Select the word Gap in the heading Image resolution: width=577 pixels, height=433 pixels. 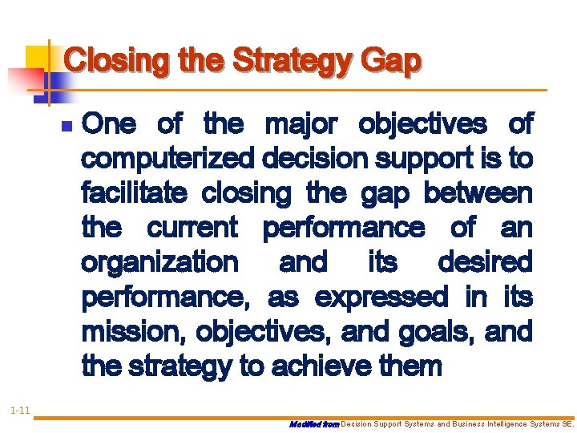[x=390, y=61]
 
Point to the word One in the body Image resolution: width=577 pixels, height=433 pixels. [x=109, y=124]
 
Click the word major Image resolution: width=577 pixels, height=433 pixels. [x=301, y=124]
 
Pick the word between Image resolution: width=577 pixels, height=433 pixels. [x=478, y=193]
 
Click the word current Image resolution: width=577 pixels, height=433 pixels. [x=192, y=228]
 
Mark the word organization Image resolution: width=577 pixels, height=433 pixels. [x=159, y=262]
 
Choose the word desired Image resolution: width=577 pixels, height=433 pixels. [x=485, y=262]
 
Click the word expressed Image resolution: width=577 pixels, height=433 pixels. [x=381, y=297]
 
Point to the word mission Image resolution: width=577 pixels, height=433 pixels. [x=131, y=331]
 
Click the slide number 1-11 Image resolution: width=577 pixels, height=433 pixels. [x=20, y=411]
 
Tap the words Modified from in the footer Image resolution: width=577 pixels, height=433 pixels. [x=315, y=423]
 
